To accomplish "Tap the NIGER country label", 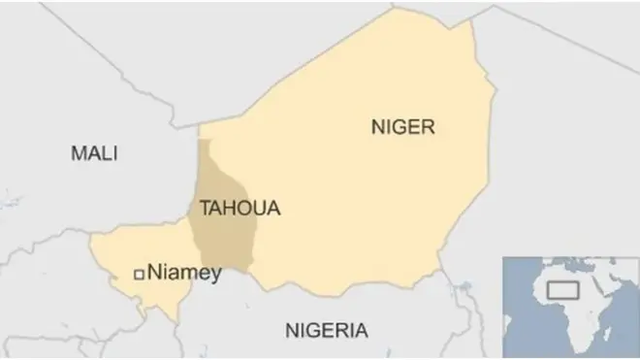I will click(403, 126).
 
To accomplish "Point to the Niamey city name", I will click(184, 274).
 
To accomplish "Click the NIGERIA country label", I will click(326, 331).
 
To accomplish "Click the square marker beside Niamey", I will click(139, 275).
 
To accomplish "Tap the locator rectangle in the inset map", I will click(561, 288).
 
